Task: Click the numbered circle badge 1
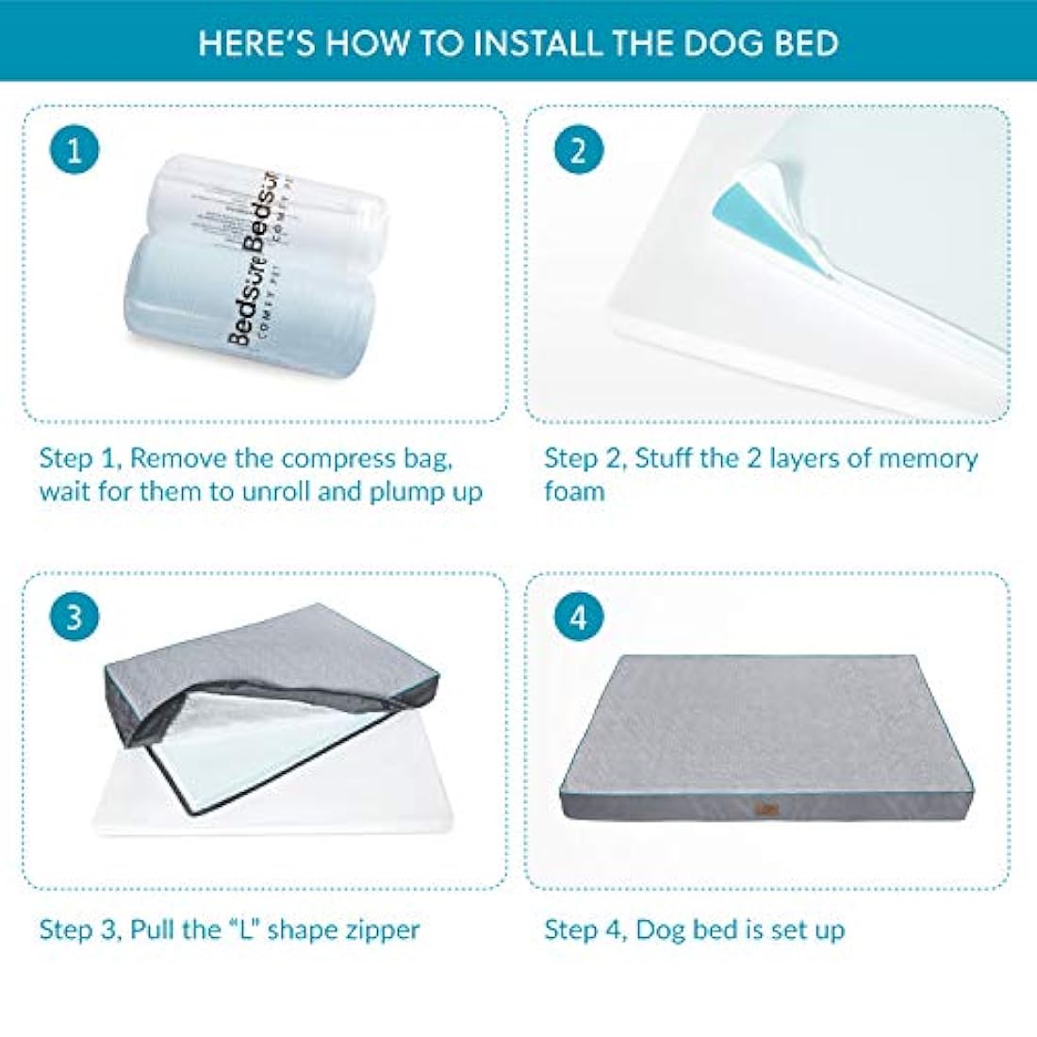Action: click(x=74, y=150)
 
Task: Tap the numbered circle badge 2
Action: click(x=578, y=150)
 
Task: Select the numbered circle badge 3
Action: click(x=74, y=617)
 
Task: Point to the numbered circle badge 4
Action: click(x=578, y=617)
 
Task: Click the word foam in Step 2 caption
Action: click(x=574, y=491)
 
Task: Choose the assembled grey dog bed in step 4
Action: click(x=773, y=735)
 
